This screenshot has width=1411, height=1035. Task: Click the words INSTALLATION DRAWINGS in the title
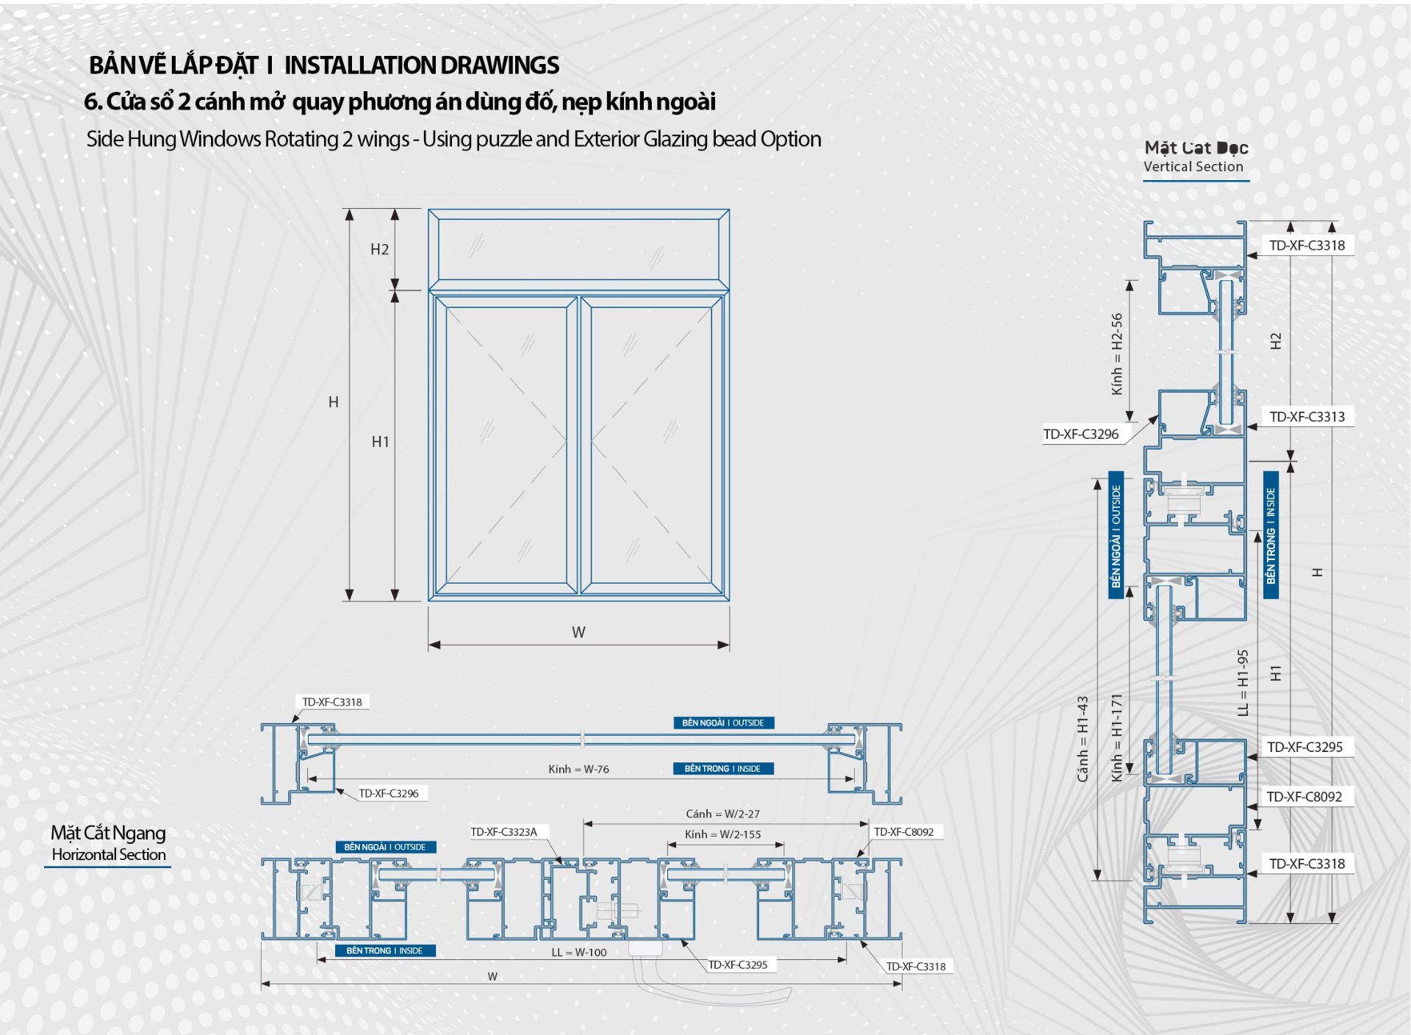tap(421, 65)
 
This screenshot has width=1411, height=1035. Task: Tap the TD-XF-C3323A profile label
tap(503, 832)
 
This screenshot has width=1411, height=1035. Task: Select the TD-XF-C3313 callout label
tap(1307, 417)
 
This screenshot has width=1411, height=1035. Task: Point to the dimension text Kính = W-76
tap(578, 769)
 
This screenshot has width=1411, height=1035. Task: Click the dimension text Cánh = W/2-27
tap(722, 814)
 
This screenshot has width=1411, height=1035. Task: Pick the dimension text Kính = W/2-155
tap(722, 834)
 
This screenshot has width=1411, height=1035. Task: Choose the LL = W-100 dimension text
tap(579, 953)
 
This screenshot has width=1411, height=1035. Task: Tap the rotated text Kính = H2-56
tap(1117, 354)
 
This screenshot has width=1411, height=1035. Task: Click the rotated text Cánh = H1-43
tap(1083, 739)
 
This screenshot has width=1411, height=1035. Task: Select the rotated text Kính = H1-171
tap(1117, 737)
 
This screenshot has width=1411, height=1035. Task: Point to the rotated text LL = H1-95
tap(1243, 682)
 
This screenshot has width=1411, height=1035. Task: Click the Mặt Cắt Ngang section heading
tap(108, 833)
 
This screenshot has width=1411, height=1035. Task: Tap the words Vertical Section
tap(1193, 167)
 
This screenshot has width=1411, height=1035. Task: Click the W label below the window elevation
tap(578, 632)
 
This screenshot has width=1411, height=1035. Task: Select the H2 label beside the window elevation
tap(379, 249)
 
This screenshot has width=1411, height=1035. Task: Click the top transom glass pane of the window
tap(578, 248)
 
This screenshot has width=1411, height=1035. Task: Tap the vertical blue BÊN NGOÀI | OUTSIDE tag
tap(1116, 535)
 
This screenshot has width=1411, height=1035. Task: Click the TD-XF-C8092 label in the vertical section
tap(1304, 797)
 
